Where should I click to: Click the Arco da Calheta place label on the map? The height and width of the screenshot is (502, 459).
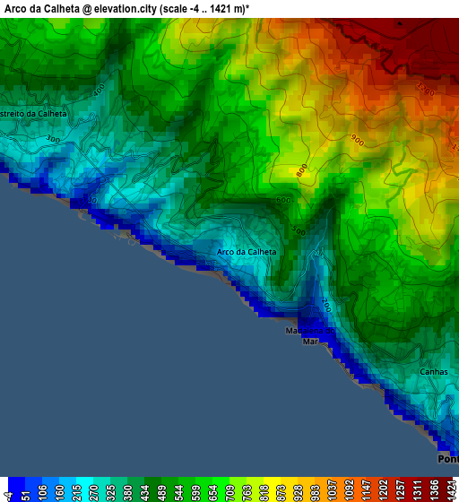(247, 252)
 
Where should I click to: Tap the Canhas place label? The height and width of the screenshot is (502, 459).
(433, 371)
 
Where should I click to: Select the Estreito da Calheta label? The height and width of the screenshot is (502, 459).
(33, 115)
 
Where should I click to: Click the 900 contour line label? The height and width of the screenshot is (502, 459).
(358, 139)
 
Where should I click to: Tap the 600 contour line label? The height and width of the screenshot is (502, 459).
(284, 200)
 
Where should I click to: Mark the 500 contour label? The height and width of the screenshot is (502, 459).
(298, 231)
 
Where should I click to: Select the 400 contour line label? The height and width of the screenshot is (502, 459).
(98, 87)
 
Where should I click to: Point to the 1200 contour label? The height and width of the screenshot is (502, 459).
(425, 91)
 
